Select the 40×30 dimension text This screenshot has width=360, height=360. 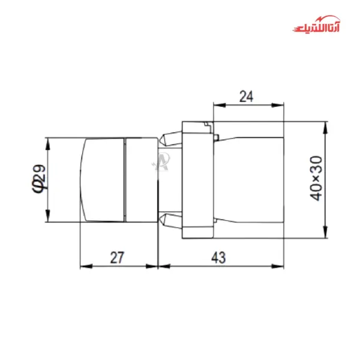click(317, 178)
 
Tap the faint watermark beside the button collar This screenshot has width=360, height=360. click(161, 160)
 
